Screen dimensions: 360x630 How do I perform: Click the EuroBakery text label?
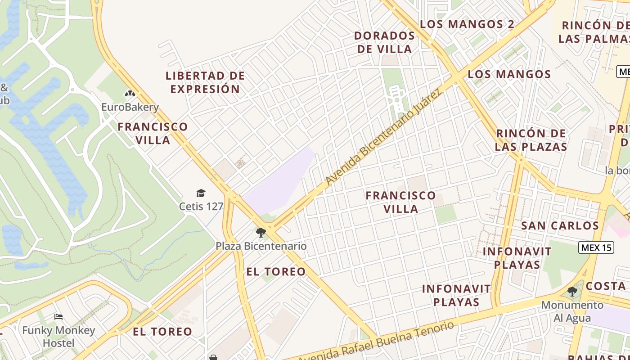click(x=130, y=107)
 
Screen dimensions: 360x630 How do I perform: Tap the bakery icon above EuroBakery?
click(x=130, y=94)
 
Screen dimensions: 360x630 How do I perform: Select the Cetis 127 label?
click(x=201, y=207)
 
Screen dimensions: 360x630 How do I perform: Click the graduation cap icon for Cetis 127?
click(x=201, y=193)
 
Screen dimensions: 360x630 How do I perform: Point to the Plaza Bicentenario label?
click(x=261, y=246)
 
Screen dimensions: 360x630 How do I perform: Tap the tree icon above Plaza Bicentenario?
click(x=261, y=233)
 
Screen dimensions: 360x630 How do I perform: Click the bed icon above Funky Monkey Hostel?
click(x=58, y=317)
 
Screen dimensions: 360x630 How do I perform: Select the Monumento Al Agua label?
click(x=572, y=311)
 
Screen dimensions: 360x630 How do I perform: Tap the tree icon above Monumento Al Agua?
click(x=572, y=292)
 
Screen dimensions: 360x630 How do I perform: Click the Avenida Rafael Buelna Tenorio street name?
click(x=376, y=342)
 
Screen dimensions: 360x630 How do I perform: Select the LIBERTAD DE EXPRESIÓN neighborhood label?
click(x=205, y=82)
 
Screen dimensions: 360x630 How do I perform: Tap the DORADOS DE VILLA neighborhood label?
click(x=385, y=42)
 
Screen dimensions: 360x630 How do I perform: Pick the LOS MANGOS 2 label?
click(x=467, y=24)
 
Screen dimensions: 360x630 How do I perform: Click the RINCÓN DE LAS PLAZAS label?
click(x=531, y=140)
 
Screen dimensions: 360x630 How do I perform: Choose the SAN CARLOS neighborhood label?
click(x=560, y=225)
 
